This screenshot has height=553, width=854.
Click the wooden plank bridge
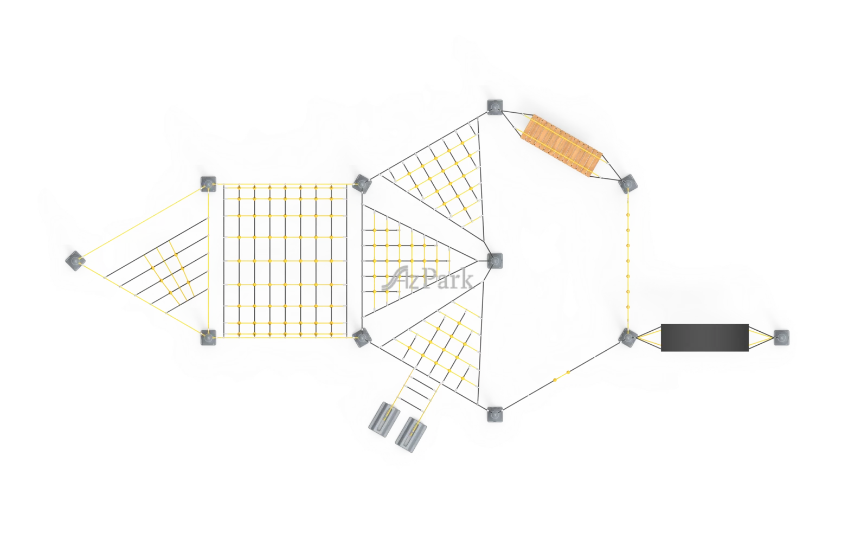tap(562, 146)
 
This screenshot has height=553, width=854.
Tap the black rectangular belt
tap(704, 338)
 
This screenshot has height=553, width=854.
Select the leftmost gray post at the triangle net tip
tap(75, 261)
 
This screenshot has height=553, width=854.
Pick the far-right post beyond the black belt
tap(781, 338)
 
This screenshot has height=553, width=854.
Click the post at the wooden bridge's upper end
tap(495, 107)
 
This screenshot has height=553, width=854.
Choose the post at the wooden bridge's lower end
tap(628, 184)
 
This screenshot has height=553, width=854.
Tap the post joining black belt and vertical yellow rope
tap(627, 338)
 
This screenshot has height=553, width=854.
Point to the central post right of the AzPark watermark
tap(495, 261)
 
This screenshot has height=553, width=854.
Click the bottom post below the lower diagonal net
tap(495, 414)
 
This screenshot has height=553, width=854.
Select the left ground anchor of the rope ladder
tap(384, 419)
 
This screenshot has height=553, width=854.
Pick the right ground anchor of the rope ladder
tap(411, 435)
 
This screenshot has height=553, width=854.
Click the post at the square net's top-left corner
tap(209, 184)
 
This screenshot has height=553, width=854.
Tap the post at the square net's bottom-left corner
tap(209, 338)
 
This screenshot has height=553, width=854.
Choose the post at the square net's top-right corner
tap(362, 184)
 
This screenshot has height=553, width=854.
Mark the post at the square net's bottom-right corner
tap(362, 338)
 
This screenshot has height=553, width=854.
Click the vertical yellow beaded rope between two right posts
tap(628, 261)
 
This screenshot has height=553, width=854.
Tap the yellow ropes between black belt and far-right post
tap(761, 338)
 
